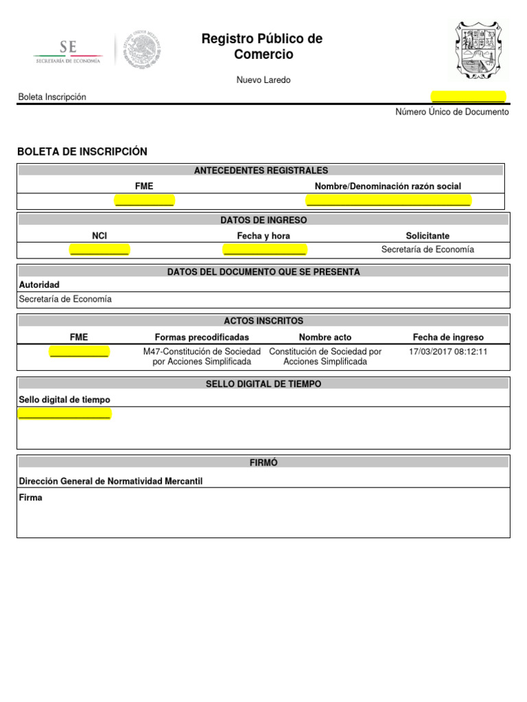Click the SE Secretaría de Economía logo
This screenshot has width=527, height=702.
point(68,52)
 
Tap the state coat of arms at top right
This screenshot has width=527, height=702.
point(479,51)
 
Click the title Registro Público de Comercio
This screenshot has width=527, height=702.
point(261,47)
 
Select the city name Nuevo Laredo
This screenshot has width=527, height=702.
point(263,80)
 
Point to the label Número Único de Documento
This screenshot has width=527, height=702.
point(452,112)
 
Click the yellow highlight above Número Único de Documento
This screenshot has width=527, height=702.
point(468,97)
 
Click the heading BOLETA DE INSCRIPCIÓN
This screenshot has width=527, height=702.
point(82,152)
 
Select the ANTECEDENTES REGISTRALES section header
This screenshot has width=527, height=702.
point(261,171)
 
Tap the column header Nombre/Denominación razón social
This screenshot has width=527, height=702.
point(388,186)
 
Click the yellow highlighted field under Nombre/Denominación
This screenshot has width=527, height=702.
point(388,200)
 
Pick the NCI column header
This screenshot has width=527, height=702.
point(99,236)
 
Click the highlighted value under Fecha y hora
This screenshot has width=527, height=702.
point(265,250)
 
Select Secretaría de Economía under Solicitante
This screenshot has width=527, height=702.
point(428,250)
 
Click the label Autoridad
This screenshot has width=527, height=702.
point(39,285)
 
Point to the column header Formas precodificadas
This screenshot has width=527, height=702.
point(202,337)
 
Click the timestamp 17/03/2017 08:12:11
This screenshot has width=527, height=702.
point(448,351)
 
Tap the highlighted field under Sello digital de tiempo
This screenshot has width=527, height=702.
point(64,413)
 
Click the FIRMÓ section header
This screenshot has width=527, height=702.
point(263,463)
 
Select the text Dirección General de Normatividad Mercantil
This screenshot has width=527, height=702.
point(110,481)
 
